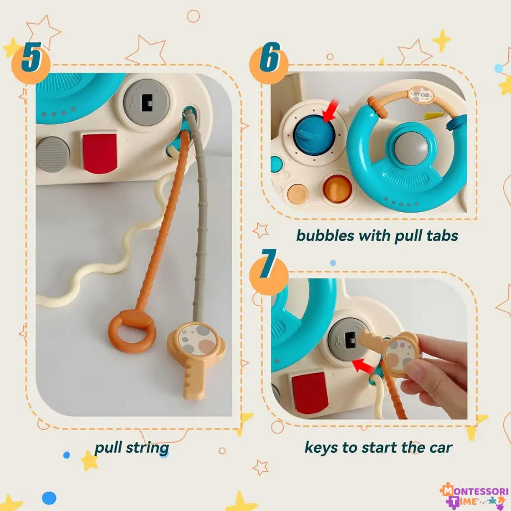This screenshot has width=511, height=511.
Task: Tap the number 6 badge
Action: [x=269, y=60]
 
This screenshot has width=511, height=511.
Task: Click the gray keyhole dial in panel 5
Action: [x=147, y=102]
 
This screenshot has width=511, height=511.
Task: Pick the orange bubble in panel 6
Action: [x=338, y=188]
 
